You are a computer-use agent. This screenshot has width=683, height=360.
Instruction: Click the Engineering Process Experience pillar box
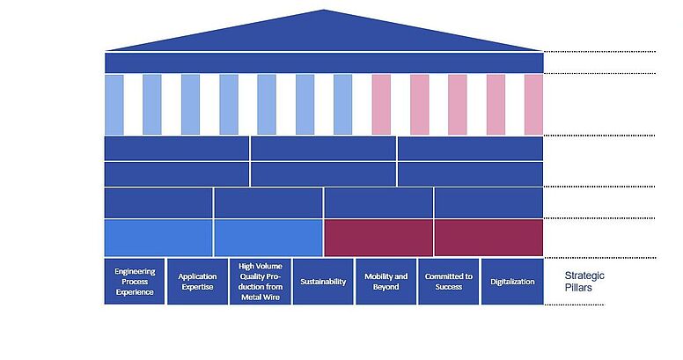pos(135,281)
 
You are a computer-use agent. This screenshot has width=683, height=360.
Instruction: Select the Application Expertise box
pos(197,281)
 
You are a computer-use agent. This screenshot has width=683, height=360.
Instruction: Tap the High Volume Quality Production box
pos(260,281)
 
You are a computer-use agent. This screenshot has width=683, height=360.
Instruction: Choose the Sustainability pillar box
pos(323,281)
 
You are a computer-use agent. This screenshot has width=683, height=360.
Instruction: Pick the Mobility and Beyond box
pos(386,281)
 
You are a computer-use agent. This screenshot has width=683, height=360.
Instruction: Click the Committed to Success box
pos(449,281)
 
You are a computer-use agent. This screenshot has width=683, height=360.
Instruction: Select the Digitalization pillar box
pos(512,281)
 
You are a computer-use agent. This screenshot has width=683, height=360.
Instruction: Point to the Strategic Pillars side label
pos(584,282)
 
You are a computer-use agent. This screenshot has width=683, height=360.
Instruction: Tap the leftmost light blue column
pos(114,105)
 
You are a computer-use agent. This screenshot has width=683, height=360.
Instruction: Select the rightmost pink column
pos(533,105)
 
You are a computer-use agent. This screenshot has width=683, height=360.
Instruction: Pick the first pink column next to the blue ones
pos(381,105)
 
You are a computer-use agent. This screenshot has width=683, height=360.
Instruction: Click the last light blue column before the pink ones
pos(342,105)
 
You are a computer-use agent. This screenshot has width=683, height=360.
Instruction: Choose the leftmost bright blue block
pos(158,238)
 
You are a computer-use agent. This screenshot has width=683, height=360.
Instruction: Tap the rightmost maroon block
pos(488,238)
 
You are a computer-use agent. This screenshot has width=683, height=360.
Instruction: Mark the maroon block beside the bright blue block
pos(378,238)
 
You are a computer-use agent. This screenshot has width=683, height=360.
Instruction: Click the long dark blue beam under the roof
pos(324,62)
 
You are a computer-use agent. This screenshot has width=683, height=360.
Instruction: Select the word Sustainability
pos(323,282)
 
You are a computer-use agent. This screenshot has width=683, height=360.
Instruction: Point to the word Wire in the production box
pos(272,298)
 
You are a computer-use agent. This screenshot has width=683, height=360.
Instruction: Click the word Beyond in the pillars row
pos(386,287)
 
